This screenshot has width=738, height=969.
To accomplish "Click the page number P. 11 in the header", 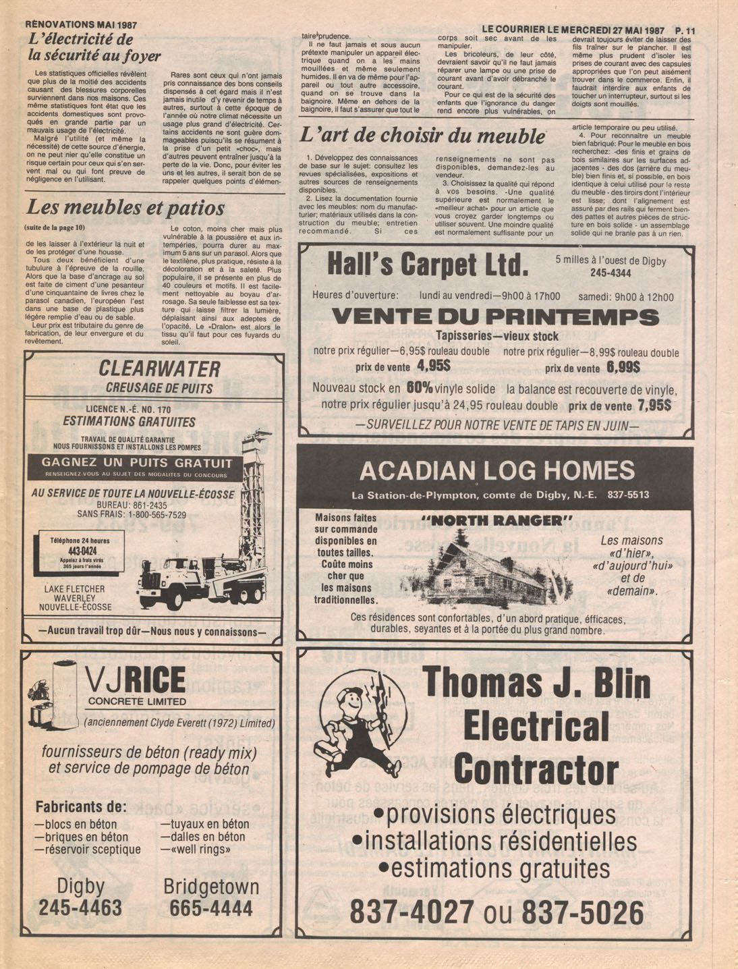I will [684, 30].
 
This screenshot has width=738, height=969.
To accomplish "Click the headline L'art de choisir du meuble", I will [422, 135].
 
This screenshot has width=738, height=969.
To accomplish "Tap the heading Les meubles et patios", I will [125, 207].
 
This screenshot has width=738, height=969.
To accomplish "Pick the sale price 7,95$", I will [653, 406].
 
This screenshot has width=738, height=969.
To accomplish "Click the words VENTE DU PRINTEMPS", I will [495, 317].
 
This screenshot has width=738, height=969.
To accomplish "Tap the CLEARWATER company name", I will [159, 369].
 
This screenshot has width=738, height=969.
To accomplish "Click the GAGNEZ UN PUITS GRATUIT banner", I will [137, 464].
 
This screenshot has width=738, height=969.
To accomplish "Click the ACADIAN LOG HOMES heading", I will [497, 470].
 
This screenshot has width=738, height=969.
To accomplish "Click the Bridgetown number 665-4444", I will [211, 908].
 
